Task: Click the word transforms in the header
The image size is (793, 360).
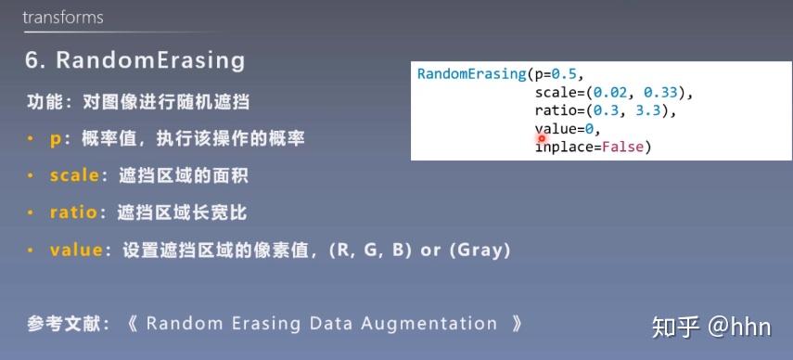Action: pyautogui.click(x=63, y=18)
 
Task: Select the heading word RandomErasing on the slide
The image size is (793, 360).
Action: pyautogui.click(x=151, y=61)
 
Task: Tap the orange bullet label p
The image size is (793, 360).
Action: pyautogui.click(x=56, y=138)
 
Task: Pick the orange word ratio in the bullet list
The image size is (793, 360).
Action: pyautogui.click(x=73, y=212)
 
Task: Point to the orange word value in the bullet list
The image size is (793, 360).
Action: pyautogui.click(x=76, y=250)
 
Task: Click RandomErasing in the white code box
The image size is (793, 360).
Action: pyautogui.click(x=471, y=74)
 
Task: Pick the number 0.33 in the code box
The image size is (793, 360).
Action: pyautogui.click(x=661, y=93)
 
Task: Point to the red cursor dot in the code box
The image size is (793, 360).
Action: pyautogui.click(x=542, y=138)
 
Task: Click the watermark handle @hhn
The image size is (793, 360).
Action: pyautogui.click(x=740, y=327)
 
